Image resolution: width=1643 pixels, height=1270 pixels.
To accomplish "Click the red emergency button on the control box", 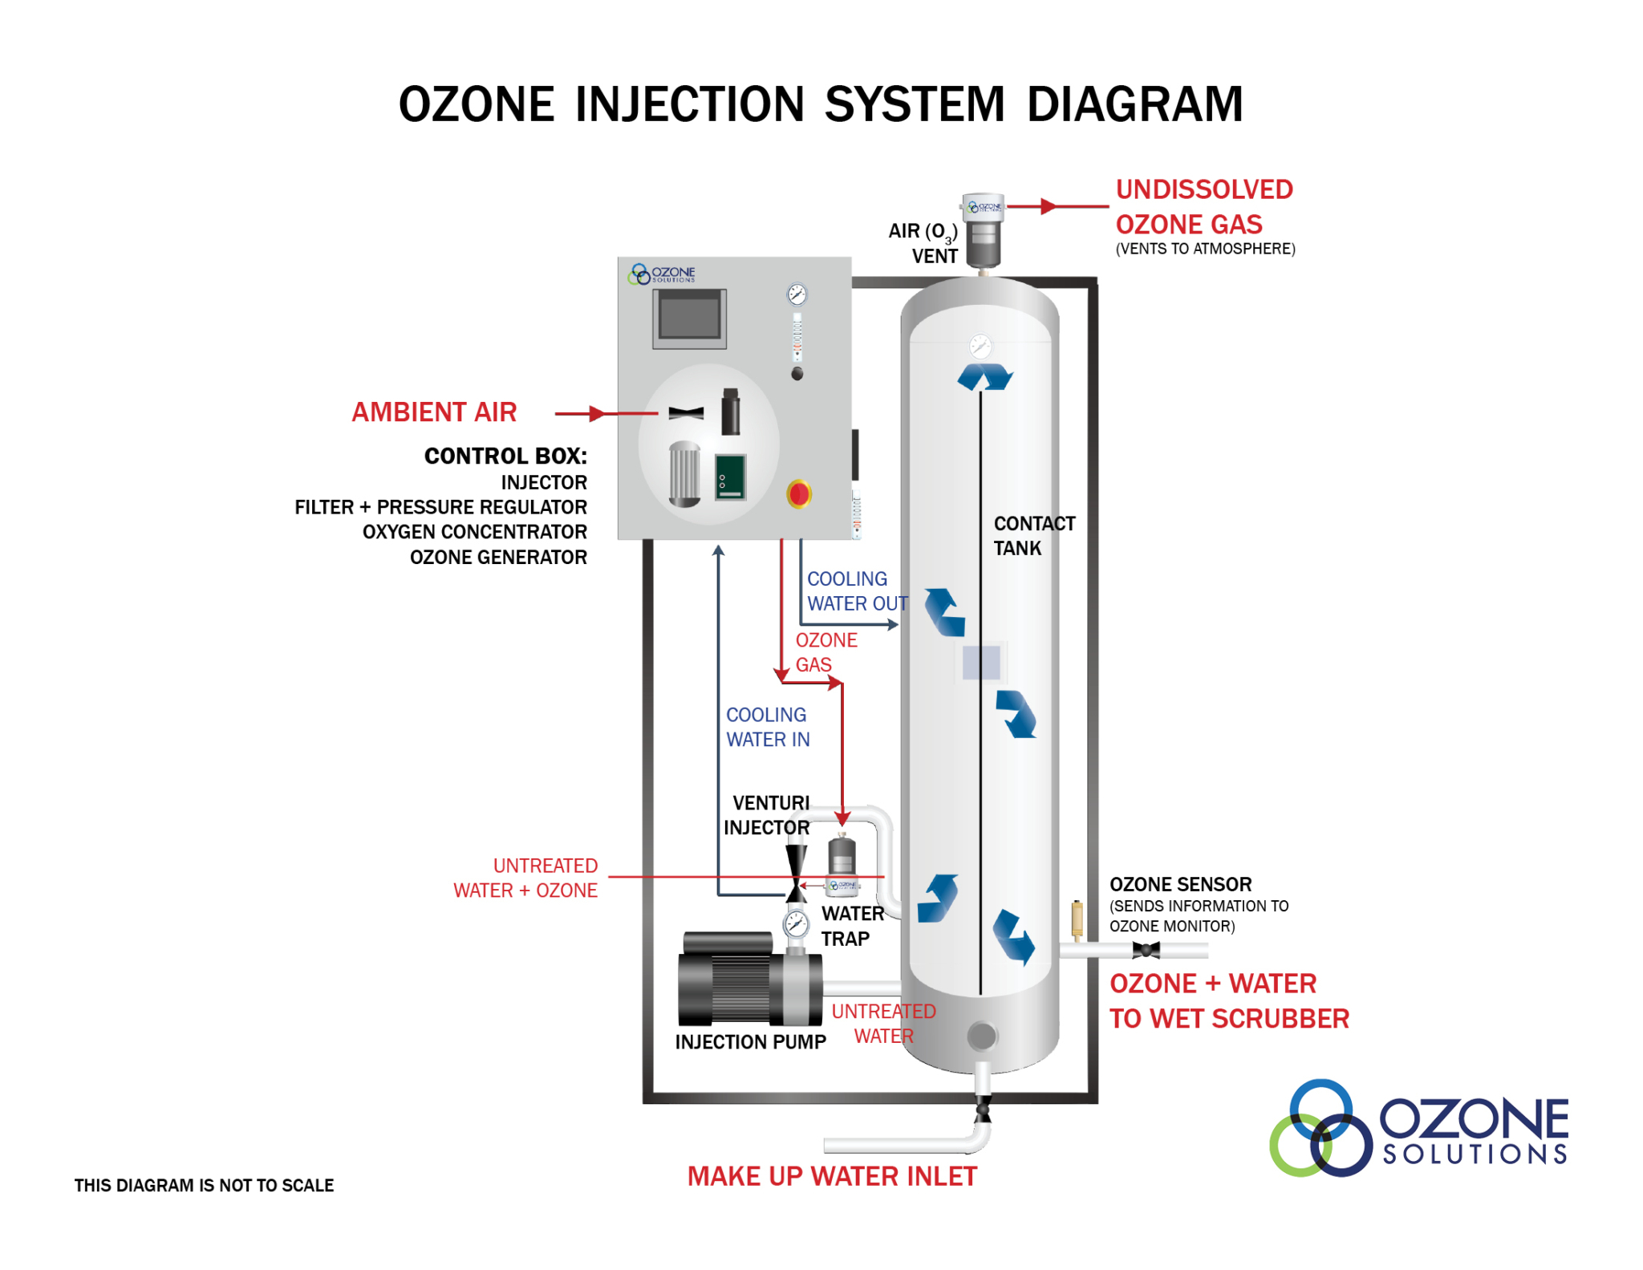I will click(x=798, y=493).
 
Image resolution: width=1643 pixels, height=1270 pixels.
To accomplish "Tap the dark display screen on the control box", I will click(x=689, y=318).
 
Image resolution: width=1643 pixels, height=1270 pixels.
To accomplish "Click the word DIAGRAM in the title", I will click(x=1134, y=104).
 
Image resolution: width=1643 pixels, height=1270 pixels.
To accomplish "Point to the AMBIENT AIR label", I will click(x=434, y=412).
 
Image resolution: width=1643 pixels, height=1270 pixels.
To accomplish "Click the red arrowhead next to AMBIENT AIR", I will click(x=597, y=413).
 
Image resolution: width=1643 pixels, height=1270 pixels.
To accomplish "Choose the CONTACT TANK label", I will click(x=1033, y=535).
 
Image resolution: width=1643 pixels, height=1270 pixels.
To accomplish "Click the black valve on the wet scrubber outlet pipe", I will click(x=1146, y=950).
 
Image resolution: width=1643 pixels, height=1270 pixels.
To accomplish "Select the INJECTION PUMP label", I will click(x=750, y=1041).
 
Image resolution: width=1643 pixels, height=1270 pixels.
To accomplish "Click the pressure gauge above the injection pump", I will click(x=796, y=924).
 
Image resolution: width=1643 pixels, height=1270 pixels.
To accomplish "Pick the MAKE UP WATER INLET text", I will click(x=832, y=1176).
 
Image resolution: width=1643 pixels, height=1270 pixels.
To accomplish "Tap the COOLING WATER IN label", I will click(x=767, y=727).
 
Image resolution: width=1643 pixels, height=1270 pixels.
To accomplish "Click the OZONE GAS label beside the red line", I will click(x=826, y=652).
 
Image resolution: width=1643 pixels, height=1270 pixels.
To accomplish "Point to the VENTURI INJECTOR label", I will click(x=767, y=814).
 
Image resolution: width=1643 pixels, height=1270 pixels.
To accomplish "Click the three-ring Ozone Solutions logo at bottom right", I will click(x=1320, y=1129).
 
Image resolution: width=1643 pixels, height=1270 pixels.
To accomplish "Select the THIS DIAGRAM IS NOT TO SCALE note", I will click(x=204, y=1185).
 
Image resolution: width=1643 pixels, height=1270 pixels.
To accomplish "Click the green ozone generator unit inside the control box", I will click(x=730, y=477).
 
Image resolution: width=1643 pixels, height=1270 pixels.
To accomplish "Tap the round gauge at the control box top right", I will click(x=797, y=294).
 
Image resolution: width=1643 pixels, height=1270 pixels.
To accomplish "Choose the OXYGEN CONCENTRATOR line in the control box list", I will click(x=474, y=532).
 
